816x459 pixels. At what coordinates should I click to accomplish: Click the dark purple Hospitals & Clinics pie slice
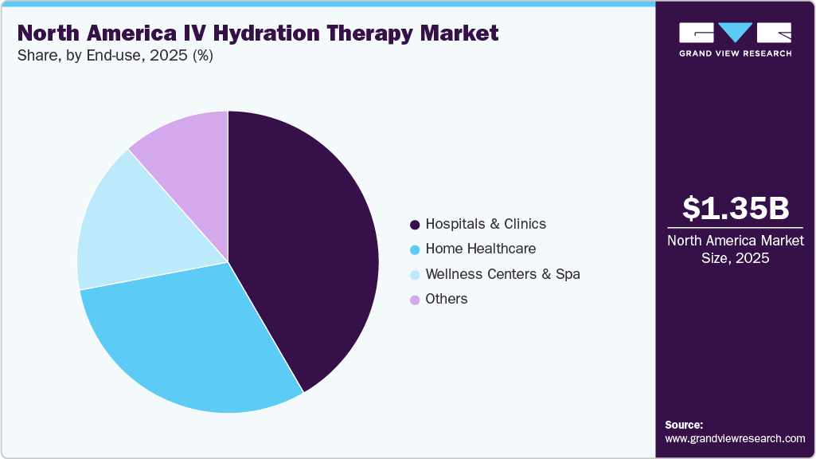(310, 247)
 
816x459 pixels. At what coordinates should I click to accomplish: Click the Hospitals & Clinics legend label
(486, 224)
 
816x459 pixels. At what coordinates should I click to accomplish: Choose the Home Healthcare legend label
(480, 249)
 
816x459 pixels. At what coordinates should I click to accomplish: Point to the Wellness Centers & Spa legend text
(502, 274)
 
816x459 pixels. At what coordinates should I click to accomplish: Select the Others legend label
(447, 299)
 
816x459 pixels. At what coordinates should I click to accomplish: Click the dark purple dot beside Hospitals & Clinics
(415, 225)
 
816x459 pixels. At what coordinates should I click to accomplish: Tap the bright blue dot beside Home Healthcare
(415, 249)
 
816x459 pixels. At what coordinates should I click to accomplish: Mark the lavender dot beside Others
(415, 300)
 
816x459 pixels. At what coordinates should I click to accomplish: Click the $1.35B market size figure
(736, 209)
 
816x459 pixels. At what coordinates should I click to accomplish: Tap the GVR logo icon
(735, 33)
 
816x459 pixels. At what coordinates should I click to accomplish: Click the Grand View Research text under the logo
(736, 53)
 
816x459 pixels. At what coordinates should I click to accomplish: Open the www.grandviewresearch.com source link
(735, 438)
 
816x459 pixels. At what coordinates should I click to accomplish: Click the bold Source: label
(684, 425)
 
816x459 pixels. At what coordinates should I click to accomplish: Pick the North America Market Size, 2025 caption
(736, 249)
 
